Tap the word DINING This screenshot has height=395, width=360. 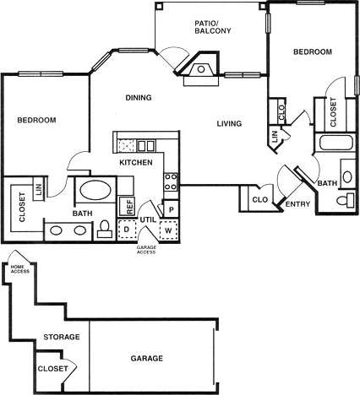point(139,98)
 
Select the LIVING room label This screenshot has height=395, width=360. point(229,124)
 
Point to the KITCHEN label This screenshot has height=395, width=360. point(135,161)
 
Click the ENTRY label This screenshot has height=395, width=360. point(297,203)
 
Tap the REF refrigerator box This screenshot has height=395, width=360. point(129,205)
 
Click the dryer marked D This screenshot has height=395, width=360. point(126,229)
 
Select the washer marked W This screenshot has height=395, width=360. point(168,229)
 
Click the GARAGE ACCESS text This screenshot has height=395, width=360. point(147,249)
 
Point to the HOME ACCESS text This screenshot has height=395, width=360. point(19,270)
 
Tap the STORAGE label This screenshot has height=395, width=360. point(62,337)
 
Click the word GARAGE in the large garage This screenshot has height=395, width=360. point(147,357)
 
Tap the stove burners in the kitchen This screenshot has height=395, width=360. point(170,181)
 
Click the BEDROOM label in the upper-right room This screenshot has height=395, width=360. point(313,52)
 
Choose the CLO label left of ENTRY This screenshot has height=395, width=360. point(259,200)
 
